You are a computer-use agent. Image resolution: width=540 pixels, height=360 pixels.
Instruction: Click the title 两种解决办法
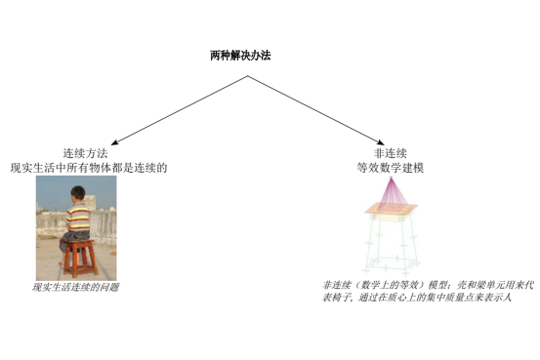click(x=239, y=56)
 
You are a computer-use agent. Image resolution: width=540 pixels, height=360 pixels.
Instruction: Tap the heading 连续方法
click(x=85, y=153)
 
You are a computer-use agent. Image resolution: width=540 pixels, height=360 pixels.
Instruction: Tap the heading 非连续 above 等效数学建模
click(x=390, y=153)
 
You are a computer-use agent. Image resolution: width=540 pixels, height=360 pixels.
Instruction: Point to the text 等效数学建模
click(x=390, y=168)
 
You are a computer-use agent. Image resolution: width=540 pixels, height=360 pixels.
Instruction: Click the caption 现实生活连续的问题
click(x=75, y=288)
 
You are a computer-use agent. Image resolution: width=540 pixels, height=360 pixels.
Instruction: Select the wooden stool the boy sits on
click(x=80, y=259)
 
